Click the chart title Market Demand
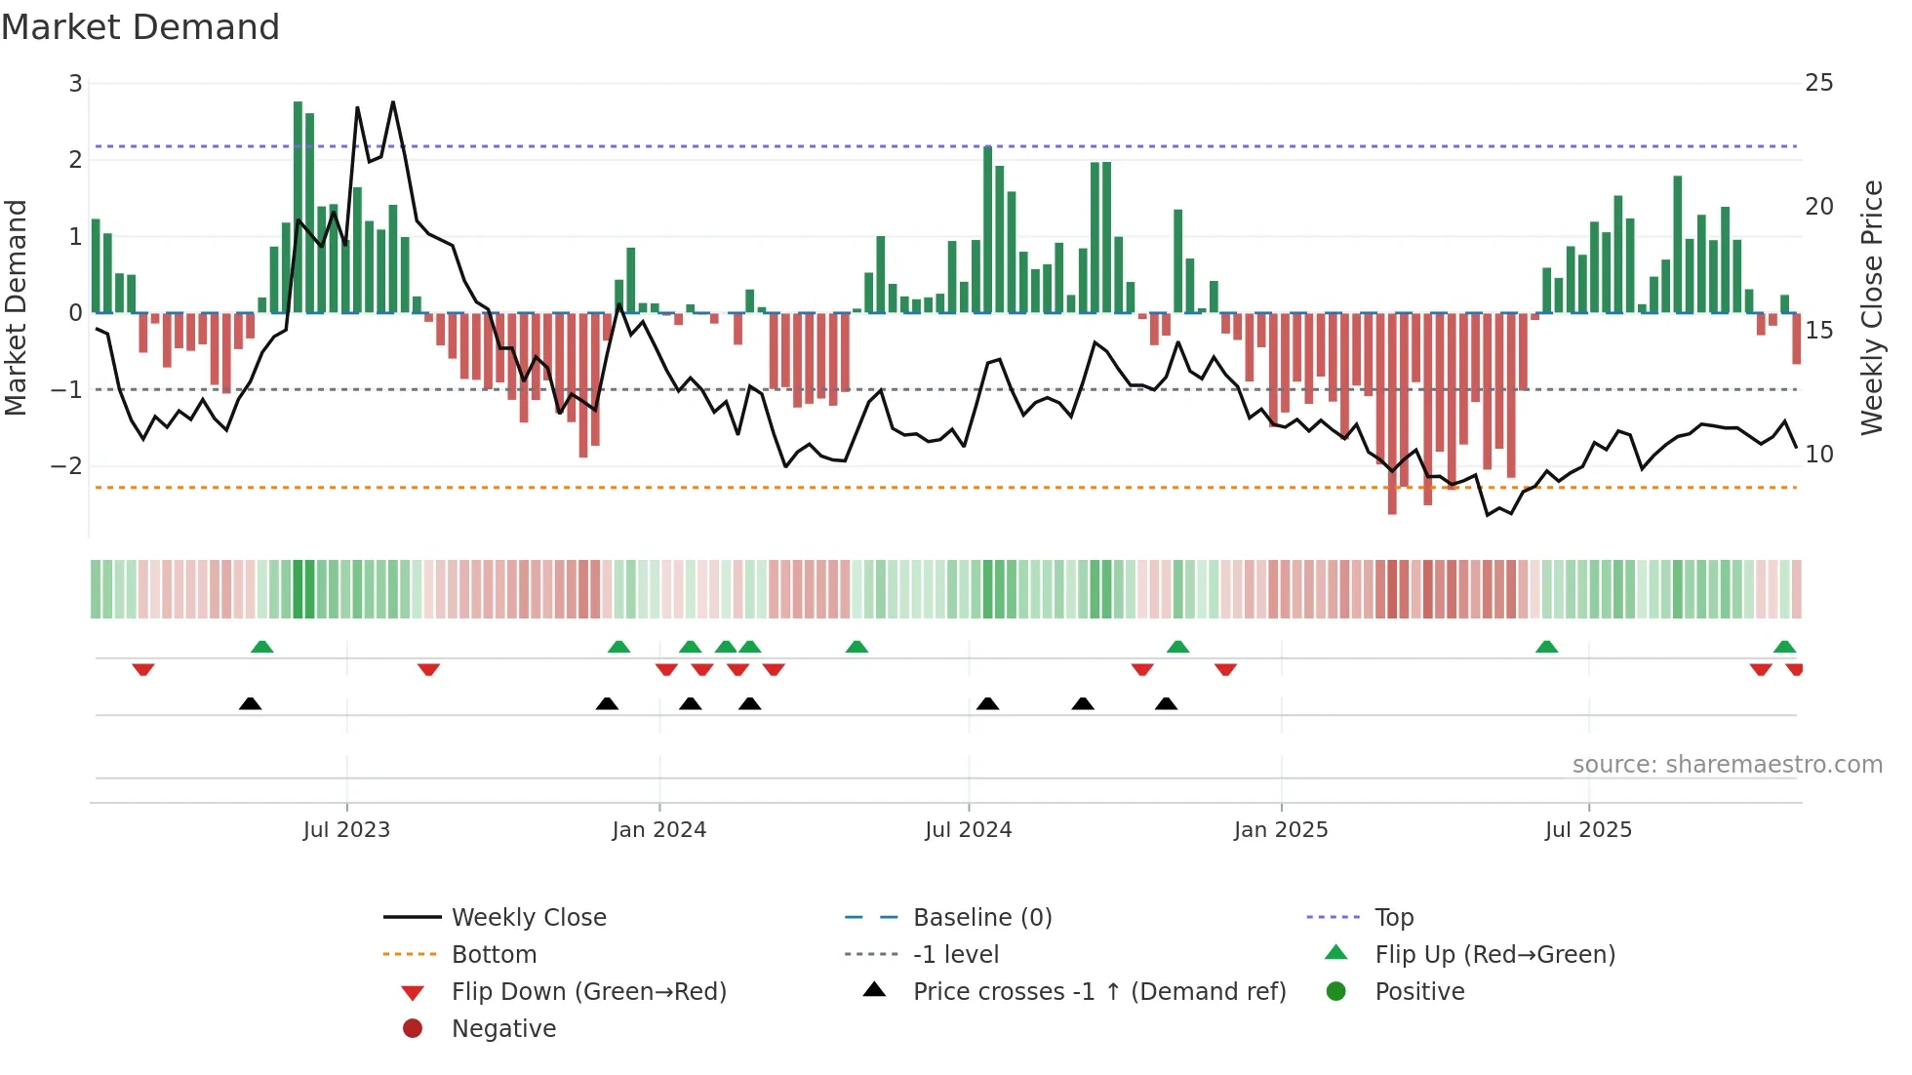coord(140,27)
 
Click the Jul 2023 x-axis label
coord(346,830)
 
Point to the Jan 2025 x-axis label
coord(1280,830)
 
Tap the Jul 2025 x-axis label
coord(1588,830)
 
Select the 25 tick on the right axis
coord(1818,83)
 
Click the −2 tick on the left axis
coord(66,466)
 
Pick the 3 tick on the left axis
coord(75,84)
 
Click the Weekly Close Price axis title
coord(1871,307)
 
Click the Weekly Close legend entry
coord(528,918)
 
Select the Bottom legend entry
coord(494,955)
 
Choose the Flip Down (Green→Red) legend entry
coord(588,992)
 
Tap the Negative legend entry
coord(503,1029)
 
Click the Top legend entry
coord(1393,918)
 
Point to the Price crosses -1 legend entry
coord(1098,992)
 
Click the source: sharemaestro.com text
coord(1727,765)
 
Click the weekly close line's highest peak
coord(393,101)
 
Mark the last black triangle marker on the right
coord(1166,703)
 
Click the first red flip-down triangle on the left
coord(143,669)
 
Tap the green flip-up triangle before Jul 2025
coord(1546,647)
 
